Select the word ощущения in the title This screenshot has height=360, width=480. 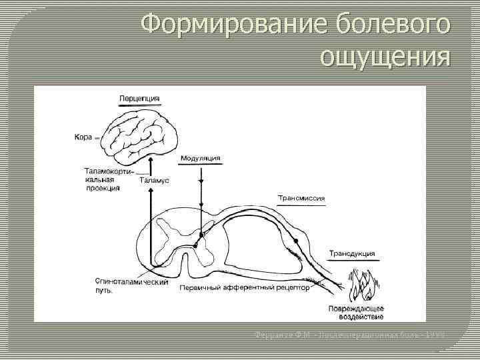point(385,58)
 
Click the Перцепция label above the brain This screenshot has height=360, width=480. point(139,99)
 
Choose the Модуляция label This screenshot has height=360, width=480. point(200,159)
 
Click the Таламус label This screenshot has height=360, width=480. point(154,180)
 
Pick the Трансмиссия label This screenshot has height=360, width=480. point(301,198)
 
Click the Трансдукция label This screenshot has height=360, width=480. point(352,253)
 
